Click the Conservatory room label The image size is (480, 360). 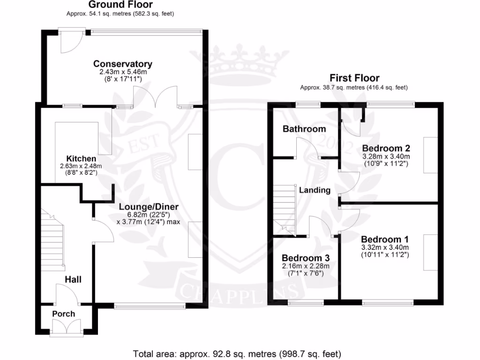pos(123,64)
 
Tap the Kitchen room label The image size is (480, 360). pos(81,159)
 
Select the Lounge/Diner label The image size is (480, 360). pos(148,207)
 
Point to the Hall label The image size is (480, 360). pos(73,279)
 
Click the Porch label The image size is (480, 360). pos(63,314)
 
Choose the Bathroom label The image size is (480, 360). pos(304,129)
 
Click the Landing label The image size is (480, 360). pos(315,190)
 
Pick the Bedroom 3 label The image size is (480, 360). pos(306,258)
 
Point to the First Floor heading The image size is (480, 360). pos(354,78)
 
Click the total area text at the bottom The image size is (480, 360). pos(237,353)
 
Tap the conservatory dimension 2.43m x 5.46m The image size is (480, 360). pos(123,73)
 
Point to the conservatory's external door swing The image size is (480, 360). pos(70,42)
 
